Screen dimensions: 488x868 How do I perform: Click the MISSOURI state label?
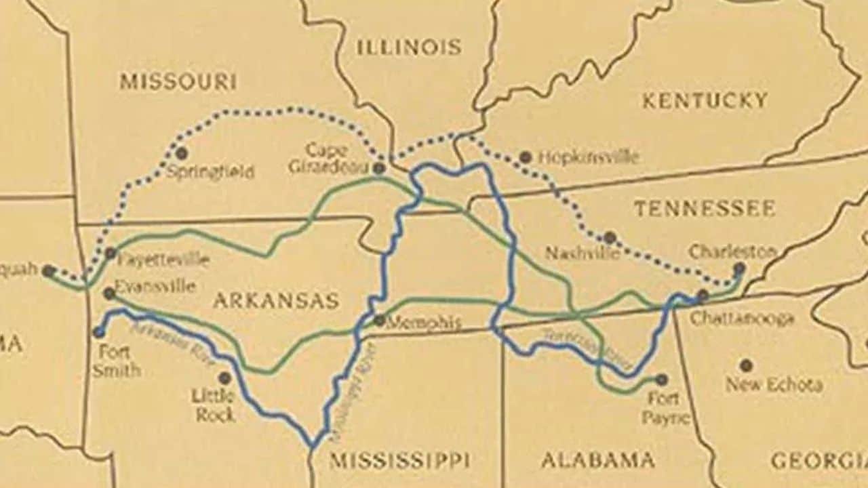click(x=178, y=82)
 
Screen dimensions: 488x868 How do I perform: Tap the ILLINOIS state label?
click(x=409, y=47)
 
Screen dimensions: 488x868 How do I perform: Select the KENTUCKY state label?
click(x=705, y=101)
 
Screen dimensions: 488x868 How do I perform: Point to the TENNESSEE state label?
click(x=705, y=208)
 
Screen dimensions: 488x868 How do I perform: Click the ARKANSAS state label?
click(x=276, y=300)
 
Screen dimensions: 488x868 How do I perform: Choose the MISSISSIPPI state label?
click(x=399, y=460)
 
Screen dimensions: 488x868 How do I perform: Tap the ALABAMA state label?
click(x=598, y=460)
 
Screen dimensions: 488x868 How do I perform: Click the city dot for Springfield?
click(x=181, y=153)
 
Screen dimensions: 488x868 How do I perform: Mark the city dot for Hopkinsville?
click(x=525, y=157)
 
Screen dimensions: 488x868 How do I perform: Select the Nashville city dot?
click(x=610, y=237)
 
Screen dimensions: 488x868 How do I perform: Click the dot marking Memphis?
click(x=379, y=320)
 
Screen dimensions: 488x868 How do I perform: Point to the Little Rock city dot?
click(x=224, y=378)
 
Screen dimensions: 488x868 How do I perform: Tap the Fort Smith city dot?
click(x=99, y=332)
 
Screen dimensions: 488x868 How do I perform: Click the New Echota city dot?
click(x=746, y=365)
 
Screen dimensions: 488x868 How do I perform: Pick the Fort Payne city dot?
click(x=661, y=380)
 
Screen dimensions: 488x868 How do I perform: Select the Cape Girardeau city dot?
click(x=379, y=167)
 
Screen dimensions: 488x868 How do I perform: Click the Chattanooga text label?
click(x=742, y=319)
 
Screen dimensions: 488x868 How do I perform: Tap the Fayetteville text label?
click(x=163, y=259)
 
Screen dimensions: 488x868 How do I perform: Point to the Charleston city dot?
click(x=739, y=268)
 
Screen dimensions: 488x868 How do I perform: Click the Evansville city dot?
click(x=109, y=293)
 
